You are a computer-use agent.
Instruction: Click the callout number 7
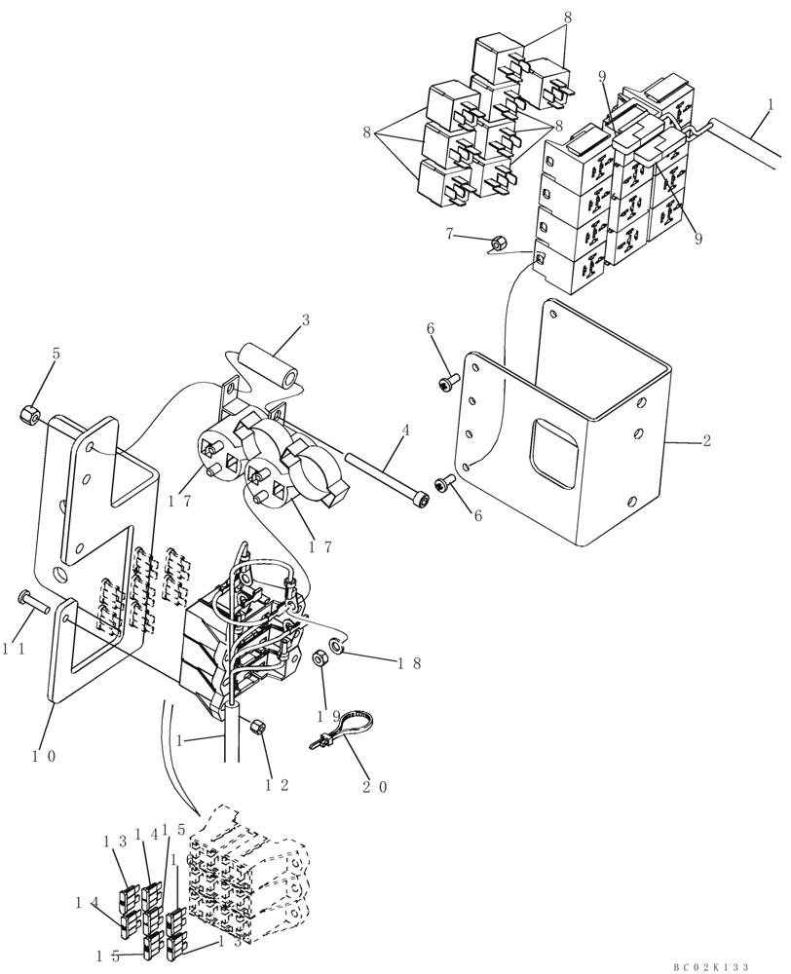[x=449, y=234]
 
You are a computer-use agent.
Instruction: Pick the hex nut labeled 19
[x=319, y=660]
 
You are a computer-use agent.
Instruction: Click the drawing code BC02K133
[x=710, y=966]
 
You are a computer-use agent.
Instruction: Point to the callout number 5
[x=56, y=356]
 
